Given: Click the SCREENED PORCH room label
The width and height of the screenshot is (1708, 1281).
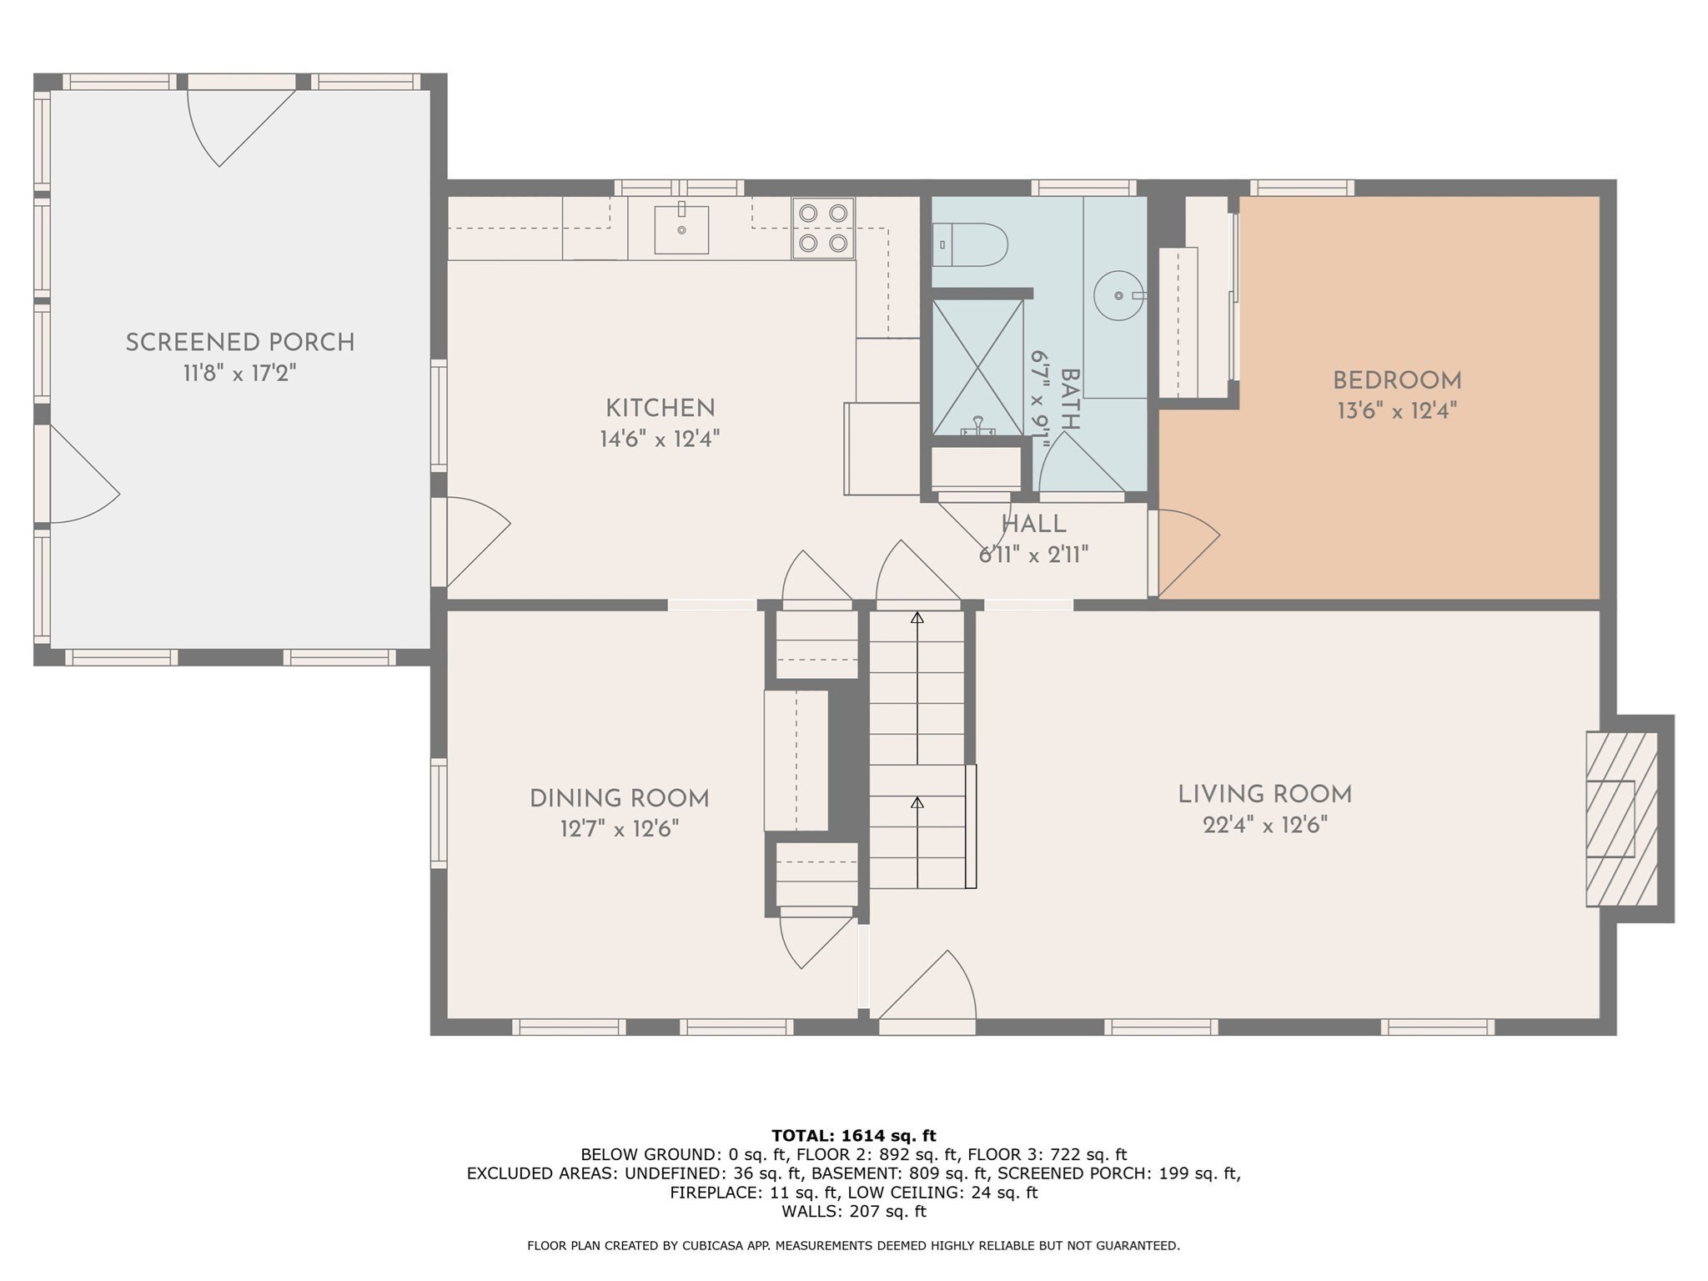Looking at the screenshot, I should click(x=240, y=343).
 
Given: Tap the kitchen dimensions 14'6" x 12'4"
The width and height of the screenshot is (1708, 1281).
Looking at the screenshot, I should click(x=659, y=439).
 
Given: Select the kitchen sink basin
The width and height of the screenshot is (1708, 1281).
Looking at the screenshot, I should click(x=681, y=229).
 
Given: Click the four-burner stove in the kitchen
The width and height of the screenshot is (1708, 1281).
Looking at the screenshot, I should click(x=823, y=229).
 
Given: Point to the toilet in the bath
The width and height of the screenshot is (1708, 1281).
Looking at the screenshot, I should click(x=970, y=244).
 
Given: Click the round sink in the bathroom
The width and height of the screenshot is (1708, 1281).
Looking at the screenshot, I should click(x=1118, y=295).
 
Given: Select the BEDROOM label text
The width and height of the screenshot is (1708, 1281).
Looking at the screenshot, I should click(x=1397, y=381).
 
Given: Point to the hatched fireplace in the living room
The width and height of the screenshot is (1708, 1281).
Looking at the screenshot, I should click(x=1620, y=819).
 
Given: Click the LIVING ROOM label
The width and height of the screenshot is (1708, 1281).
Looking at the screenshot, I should click(x=1264, y=795).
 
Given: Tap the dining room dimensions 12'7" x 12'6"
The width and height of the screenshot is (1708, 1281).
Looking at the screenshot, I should click(x=619, y=829).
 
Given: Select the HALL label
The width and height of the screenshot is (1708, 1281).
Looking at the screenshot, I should click(x=1033, y=525).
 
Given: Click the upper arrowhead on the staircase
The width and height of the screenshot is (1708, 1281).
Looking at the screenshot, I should click(x=917, y=618).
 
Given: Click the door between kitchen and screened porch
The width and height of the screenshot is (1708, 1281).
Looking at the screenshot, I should click(x=475, y=542).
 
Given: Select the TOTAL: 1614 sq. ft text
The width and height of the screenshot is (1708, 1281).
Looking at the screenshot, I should click(x=853, y=1136).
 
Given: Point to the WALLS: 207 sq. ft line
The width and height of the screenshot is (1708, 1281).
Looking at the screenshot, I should click(x=853, y=1211).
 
